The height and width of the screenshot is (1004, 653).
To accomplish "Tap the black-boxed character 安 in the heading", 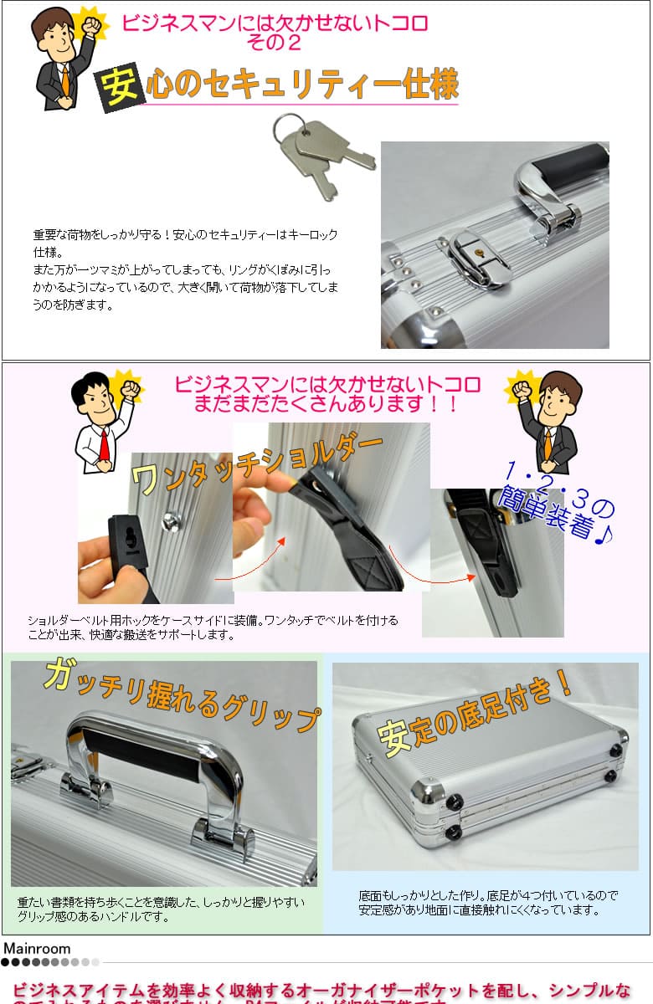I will (x=119, y=86).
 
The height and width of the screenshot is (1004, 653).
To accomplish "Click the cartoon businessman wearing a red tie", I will (x=102, y=423).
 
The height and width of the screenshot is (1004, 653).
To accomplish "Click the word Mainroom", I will (x=37, y=948).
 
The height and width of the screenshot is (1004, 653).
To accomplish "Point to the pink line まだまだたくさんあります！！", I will (x=326, y=405).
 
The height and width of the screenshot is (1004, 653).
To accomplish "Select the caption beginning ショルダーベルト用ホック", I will (x=213, y=627).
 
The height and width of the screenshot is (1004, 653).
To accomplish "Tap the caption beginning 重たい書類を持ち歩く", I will (x=161, y=909).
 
